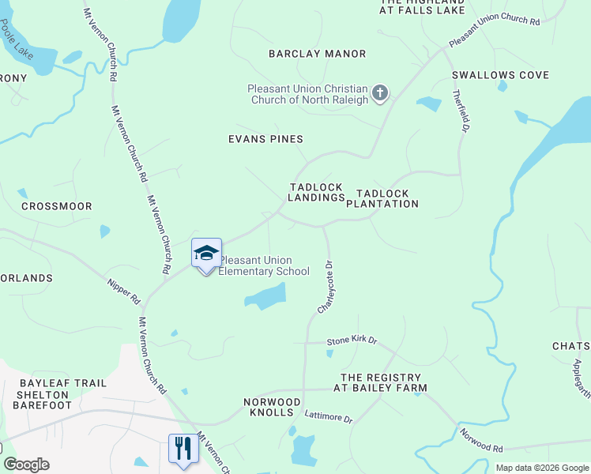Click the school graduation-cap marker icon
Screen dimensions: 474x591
206,254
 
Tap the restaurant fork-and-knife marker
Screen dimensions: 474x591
183,448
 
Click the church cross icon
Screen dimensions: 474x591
379,94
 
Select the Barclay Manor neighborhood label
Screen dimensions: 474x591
317,54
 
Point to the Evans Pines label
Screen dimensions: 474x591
265,139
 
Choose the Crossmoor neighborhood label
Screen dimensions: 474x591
51,206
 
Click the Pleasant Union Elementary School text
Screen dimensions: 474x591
264,266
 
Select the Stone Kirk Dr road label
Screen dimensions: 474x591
352,341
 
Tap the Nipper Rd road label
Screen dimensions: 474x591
123,290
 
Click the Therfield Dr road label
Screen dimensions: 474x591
461,110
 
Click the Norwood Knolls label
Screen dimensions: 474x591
272,408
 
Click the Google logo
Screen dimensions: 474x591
26,465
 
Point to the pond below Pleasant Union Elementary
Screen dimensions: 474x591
265,297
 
